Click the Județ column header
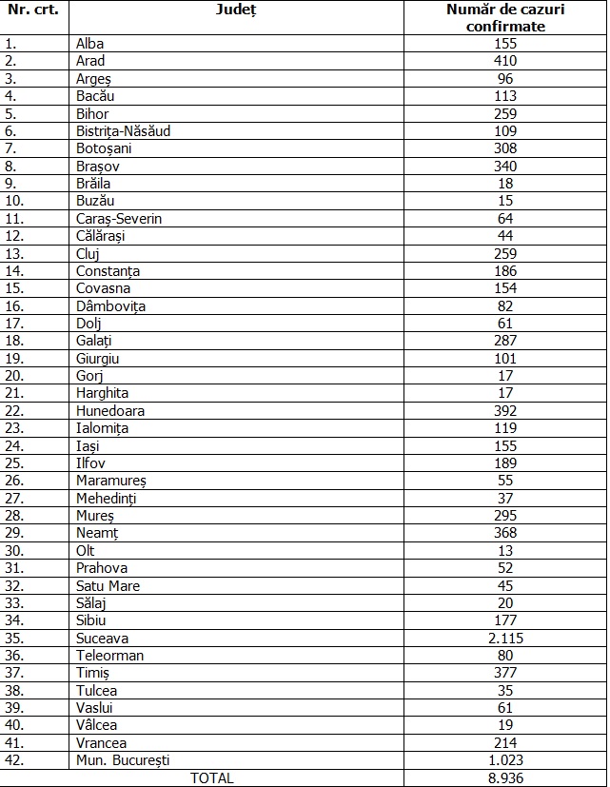coord(236,10)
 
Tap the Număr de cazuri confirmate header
coord(505,18)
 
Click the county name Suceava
coord(103,638)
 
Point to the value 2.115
coord(505,638)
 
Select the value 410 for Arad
coord(505,61)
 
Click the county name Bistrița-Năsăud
coord(124,131)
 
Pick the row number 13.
coord(12,253)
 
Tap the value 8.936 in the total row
coord(505,777)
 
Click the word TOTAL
coord(212,777)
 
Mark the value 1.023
coord(505,760)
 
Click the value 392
coord(505,411)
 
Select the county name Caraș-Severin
coord(120,218)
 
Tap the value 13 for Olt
coord(505,550)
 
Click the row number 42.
coord(12,760)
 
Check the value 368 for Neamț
coord(505,533)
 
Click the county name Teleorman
coord(110,655)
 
